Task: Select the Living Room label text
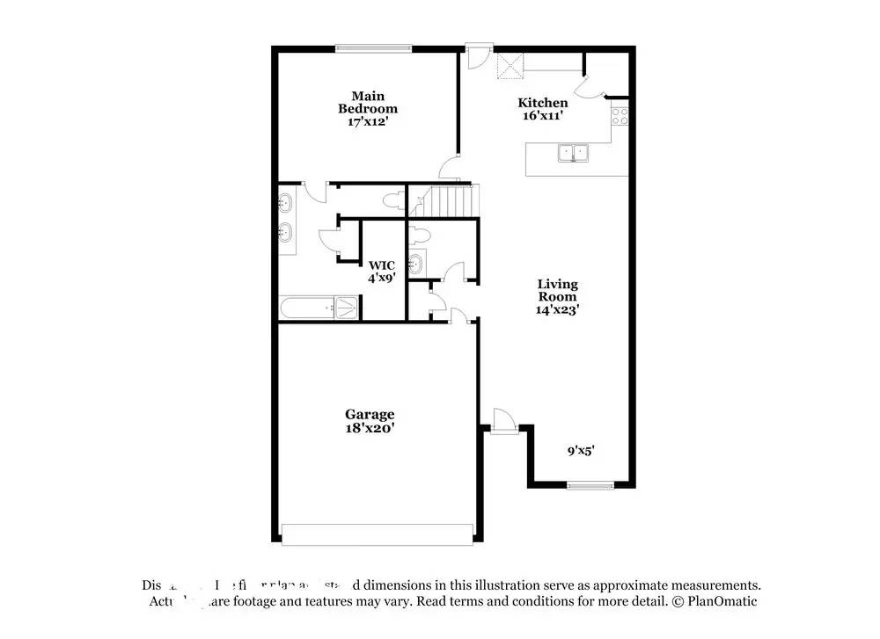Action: (x=558, y=290)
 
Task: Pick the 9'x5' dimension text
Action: (x=580, y=451)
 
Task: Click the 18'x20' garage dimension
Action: (x=369, y=428)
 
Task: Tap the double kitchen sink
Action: (x=573, y=154)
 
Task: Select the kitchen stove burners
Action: (x=620, y=116)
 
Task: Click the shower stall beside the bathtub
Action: (x=348, y=308)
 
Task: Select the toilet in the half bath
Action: (x=420, y=235)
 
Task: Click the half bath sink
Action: (x=416, y=262)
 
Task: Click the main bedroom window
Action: (x=374, y=48)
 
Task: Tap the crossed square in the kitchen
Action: (x=510, y=65)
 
